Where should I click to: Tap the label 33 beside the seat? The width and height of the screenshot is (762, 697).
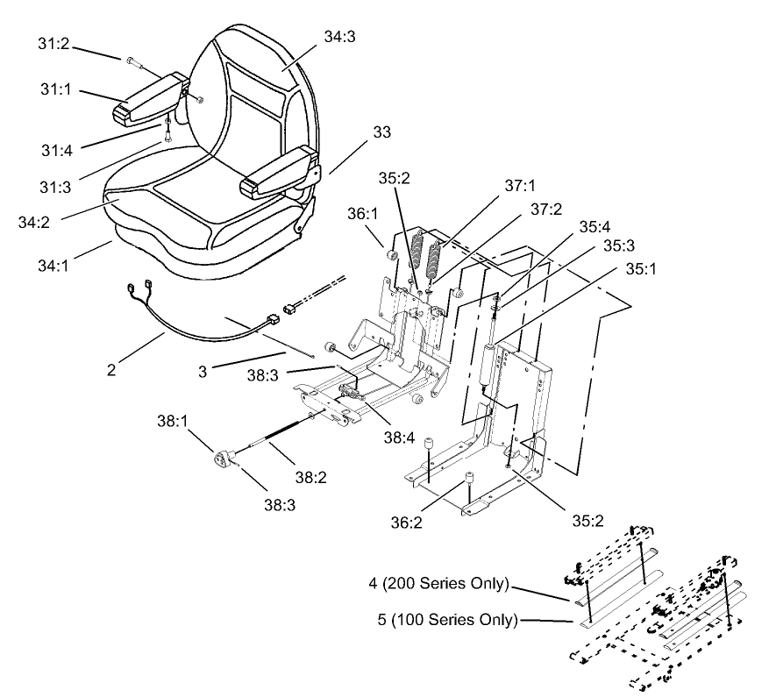pyautogui.click(x=382, y=132)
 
